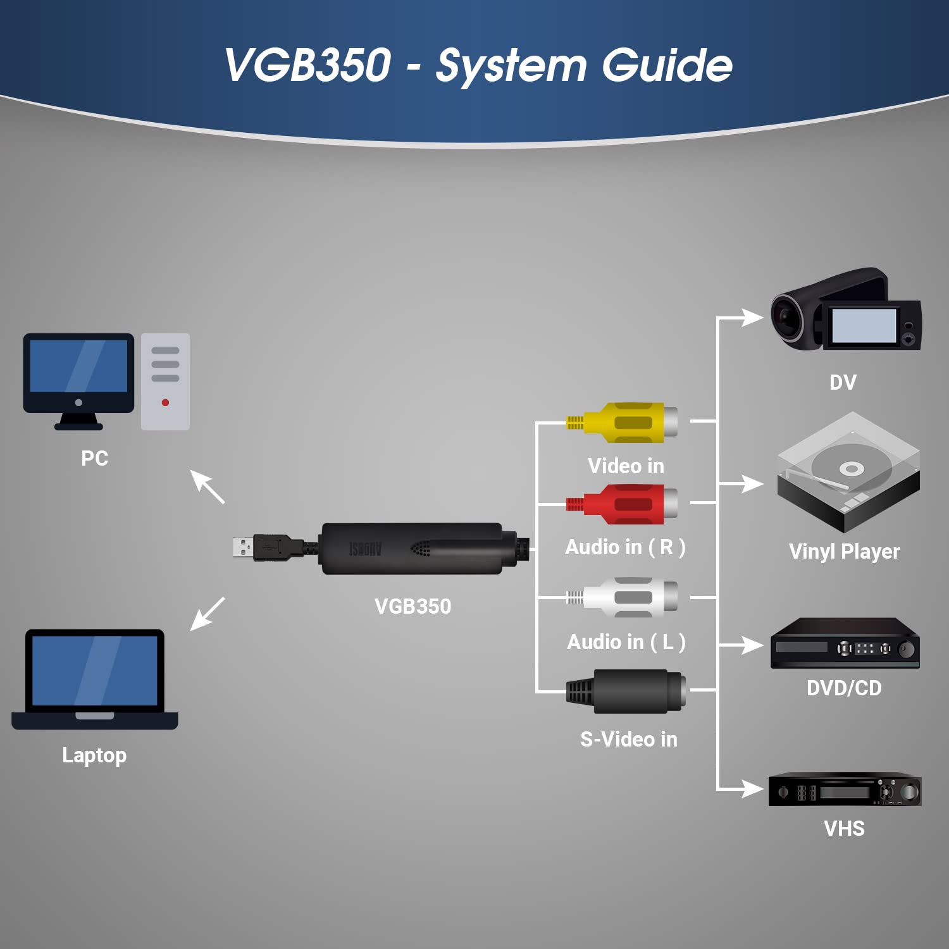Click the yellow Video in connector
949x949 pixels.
(x=623, y=422)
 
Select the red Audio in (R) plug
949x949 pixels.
(x=623, y=504)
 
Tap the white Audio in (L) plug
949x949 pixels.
(x=623, y=597)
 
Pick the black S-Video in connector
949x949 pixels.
(x=626, y=691)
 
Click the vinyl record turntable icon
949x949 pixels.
(x=848, y=472)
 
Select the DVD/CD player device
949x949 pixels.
(x=845, y=644)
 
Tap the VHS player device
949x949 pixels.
(x=845, y=790)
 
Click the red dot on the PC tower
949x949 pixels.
(x=165, y=402)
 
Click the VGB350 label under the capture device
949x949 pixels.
(x=412, y=606)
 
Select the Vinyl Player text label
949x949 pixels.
(x=844, y=552)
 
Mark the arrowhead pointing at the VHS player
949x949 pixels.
(x=753, y=789)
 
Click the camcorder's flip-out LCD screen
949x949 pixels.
(x=864, y=326)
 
